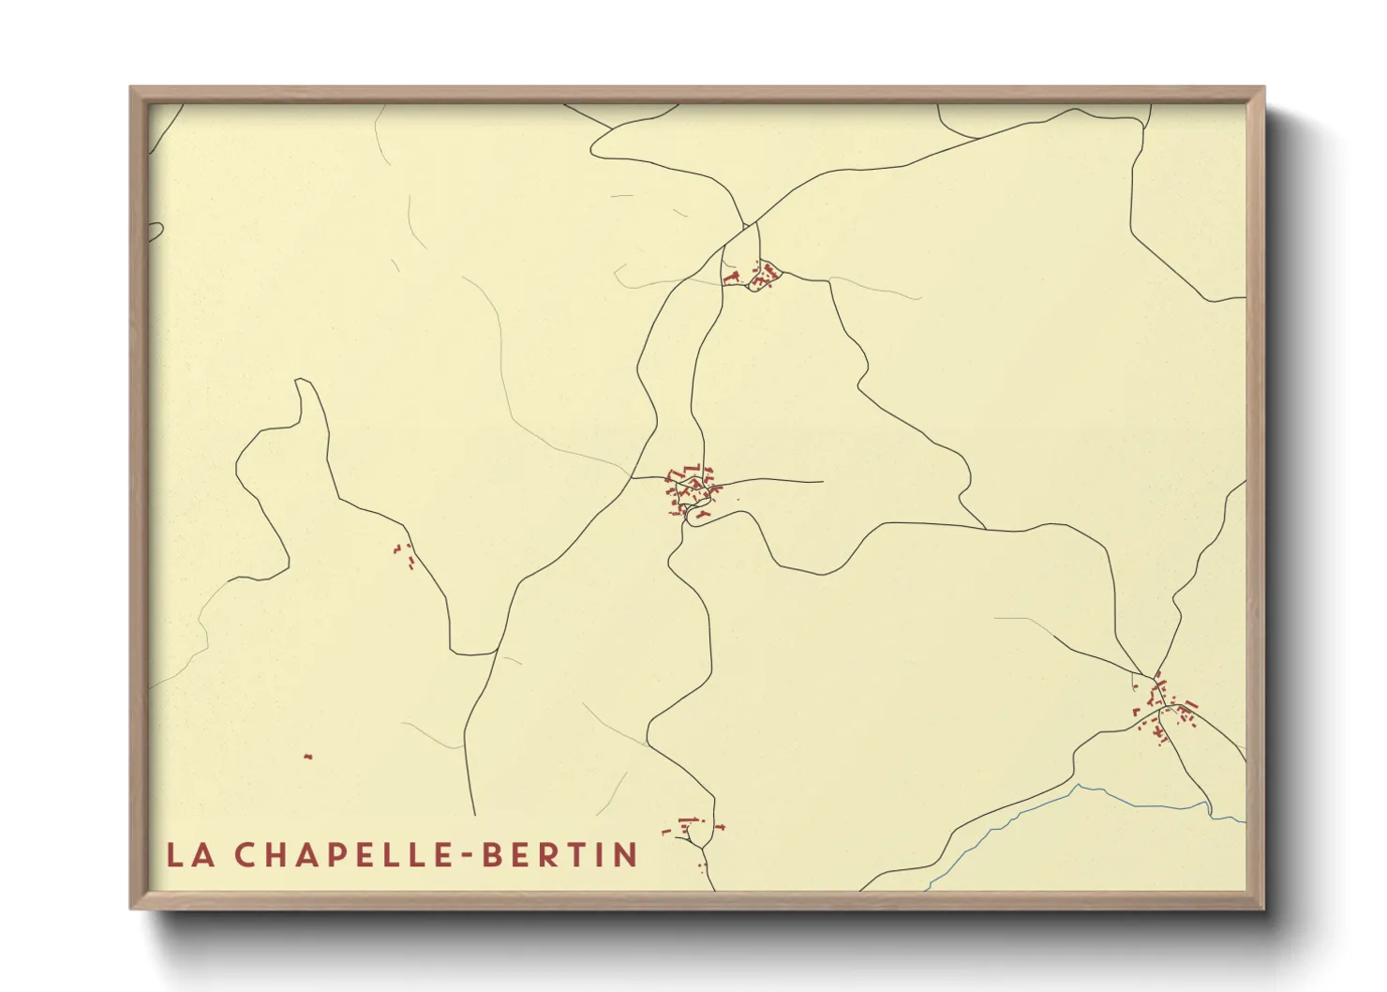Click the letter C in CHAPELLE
pyautogui.click(x=245, y=855)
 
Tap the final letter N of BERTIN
pyautogui.click(x=625, y=855)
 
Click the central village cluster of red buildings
pyautogui.click(x=692, y=490)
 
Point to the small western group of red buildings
pyautogui.click(x=405, y=554)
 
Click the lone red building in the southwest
pyautogui.click(x=307, y=757)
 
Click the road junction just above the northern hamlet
pyautogui.click(x=747, y=225)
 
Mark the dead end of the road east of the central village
pyautogui.click(x=822, y=482)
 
